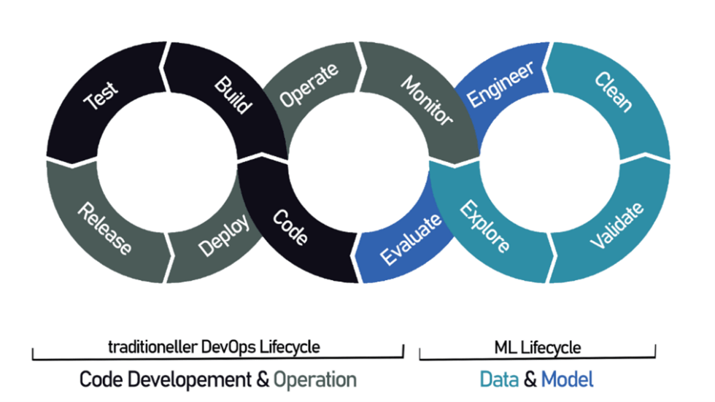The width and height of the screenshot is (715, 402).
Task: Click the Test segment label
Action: click(101, 98)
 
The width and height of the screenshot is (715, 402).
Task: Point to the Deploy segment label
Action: click(223, 235)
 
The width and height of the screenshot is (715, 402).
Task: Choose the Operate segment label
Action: click(309, 86)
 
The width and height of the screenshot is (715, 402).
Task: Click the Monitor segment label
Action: click(427, 99)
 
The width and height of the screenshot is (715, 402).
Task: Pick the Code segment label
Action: click(290, 228)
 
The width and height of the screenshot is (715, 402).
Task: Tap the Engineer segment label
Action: click(500, 84)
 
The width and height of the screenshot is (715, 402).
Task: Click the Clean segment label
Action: click(614, 91)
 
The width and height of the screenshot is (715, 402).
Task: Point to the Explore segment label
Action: click(484, 227)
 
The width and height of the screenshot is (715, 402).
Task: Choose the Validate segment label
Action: click(617, 225)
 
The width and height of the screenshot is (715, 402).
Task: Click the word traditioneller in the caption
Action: click(148, 347)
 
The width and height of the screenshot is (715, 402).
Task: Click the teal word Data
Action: click(499, 379)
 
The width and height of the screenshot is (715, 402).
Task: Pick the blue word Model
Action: click(567, 379)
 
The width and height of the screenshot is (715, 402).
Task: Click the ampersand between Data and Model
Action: click(530, 379)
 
